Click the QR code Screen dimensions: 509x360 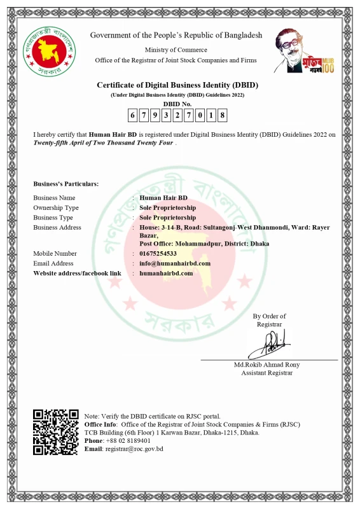coord(56,432)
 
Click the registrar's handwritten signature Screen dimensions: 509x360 coord(268,345)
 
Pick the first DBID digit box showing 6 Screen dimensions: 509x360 coord(132,115)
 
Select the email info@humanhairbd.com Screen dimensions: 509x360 coord(175,263)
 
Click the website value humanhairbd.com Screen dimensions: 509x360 coord(166,273)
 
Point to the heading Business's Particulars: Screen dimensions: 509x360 coord(66,184)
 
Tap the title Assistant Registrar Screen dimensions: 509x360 coord(267,373)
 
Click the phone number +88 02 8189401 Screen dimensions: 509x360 coord(128,440)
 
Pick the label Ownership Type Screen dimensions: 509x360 coord(56,207)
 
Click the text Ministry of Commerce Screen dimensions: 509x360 coord(176,50)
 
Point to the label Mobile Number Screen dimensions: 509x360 coord(55,253)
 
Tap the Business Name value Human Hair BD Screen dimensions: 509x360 coord(163,198)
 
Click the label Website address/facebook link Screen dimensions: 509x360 coord(77,273)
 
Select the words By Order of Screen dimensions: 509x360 coord(269,316)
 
